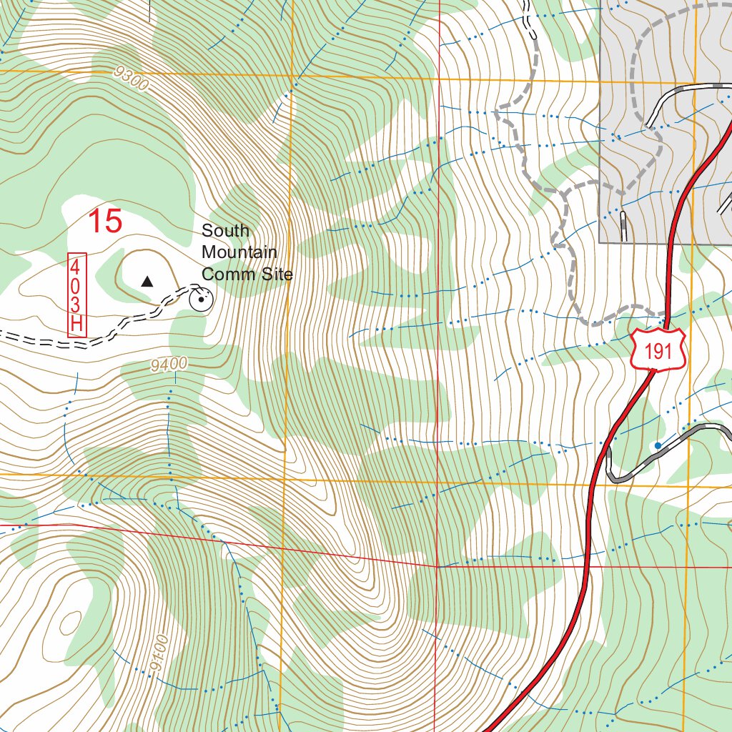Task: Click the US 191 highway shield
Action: pyautogui.click(x=658, y=350)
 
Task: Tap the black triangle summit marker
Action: pyautogui.click(x=147, y=282)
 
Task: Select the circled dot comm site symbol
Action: pyautogui.click(x=201, y=300)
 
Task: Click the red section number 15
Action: pyautogui.click(x=105, y=222)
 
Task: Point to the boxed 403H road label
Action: pyautogui.click(x=76, y=295)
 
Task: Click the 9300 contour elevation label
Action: pyautogui.click(x=130, y=79)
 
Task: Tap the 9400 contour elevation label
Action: pyautogui.click(x=169, y=365)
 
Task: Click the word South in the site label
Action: pyautogui.click(x=225, y=231)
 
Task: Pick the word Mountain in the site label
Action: pyautogui.click(x=239, y=252)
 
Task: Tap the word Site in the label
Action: pyautogui.click(x=271, y=274)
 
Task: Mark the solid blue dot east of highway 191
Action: pyautogui.click(x=658, y=445)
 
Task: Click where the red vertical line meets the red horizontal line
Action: pyautogui.click(x=437, y=565)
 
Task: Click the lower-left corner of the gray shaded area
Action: pyautogui.click(x=599, y=243)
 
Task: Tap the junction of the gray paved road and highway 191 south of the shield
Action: pyautogui.click(x=607, y=457)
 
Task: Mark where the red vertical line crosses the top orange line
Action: pyautogui.click(x=437, y=78)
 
